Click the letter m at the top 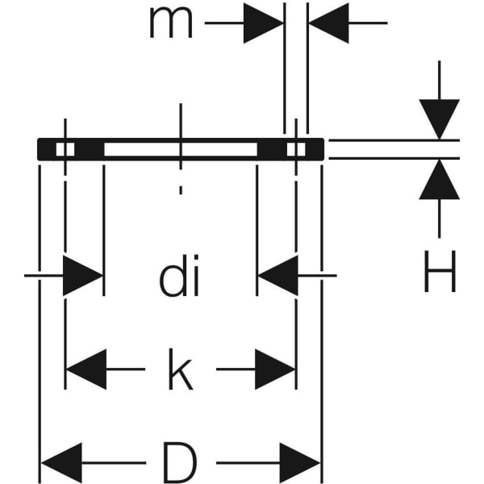point(170,23)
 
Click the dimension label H point(440,272)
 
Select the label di point(179,278)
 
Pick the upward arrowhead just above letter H point(440,179)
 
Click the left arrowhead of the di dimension point(83,277)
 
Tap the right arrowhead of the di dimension point(277,277)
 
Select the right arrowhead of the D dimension point(301,463)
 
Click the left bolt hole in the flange point(65,149)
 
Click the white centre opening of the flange point(181,149)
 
